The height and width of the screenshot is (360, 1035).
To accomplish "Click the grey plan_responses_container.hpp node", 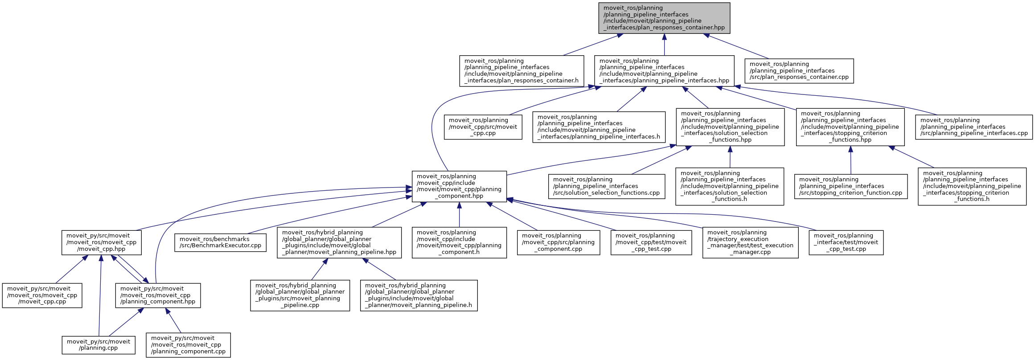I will click(664, 18).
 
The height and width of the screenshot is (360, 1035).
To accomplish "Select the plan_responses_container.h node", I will click(522, 71).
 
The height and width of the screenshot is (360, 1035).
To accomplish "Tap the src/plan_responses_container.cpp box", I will click(799, 71).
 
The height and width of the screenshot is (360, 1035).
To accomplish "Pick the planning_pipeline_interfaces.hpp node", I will click(664, 71).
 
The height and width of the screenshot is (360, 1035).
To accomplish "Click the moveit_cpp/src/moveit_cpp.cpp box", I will click(483, 127).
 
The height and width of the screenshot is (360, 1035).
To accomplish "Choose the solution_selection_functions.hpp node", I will click(730, 127).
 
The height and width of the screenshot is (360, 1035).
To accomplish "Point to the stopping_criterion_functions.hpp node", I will click(850, 127).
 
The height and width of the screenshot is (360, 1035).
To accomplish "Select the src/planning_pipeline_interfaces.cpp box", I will click(973, 127).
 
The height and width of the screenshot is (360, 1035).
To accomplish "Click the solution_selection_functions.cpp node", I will click(606, 186).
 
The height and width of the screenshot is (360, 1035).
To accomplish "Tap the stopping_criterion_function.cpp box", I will click(850, 186).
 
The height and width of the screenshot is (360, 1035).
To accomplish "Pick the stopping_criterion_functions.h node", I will click(972, 186).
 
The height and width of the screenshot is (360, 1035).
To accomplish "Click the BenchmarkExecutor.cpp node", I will click(220, 242).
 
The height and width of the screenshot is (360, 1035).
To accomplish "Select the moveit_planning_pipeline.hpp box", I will click(339, 242).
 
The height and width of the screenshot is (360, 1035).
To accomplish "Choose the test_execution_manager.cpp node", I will click(750, 242).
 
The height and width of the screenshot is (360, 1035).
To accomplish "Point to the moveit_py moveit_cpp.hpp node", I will click(102, 242).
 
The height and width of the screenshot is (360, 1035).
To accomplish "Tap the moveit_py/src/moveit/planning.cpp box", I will click(99, 345).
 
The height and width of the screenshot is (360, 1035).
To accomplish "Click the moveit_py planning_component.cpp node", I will click(188, 345).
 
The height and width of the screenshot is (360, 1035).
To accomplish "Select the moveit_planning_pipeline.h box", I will click(419, 295).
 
